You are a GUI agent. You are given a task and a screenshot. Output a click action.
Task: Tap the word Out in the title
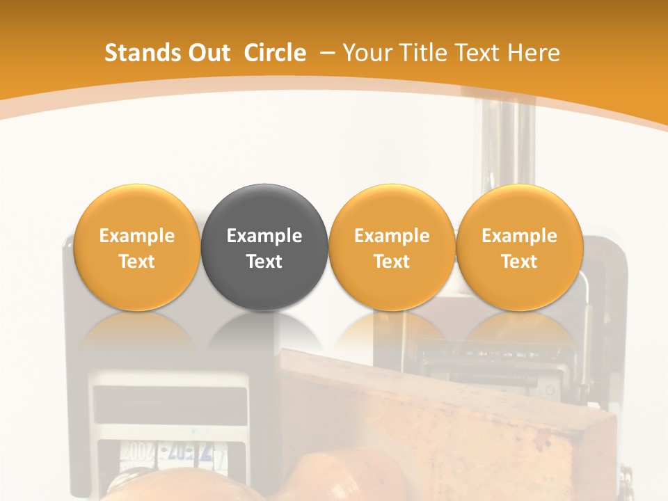click(x=208, y=53)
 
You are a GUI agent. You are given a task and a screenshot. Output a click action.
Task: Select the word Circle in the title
click(x=275, y=53)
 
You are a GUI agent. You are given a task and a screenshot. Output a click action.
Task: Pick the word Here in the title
click(x=534, y=53)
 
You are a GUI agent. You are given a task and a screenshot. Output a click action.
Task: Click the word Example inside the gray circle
click(x=264, y=236)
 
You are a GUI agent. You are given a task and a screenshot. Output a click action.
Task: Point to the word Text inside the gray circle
click(x=264, y=262)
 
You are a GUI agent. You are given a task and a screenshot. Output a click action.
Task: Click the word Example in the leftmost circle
click(x=136, y=236)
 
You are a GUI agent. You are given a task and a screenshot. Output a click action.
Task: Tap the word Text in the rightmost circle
click(x=520, y=262)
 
